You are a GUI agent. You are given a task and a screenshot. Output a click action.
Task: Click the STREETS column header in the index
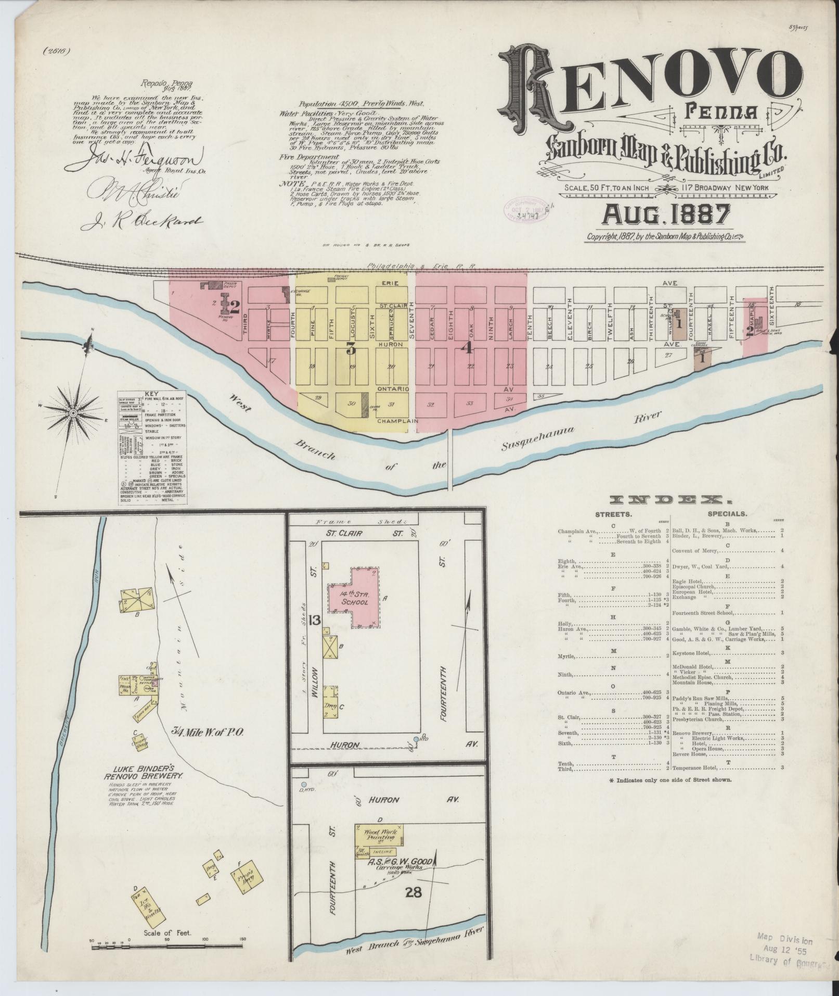click(614, 514)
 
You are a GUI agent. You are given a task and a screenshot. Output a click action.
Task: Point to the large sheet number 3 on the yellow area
click(351, 349)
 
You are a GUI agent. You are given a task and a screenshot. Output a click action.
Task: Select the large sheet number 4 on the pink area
click(468, 348)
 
